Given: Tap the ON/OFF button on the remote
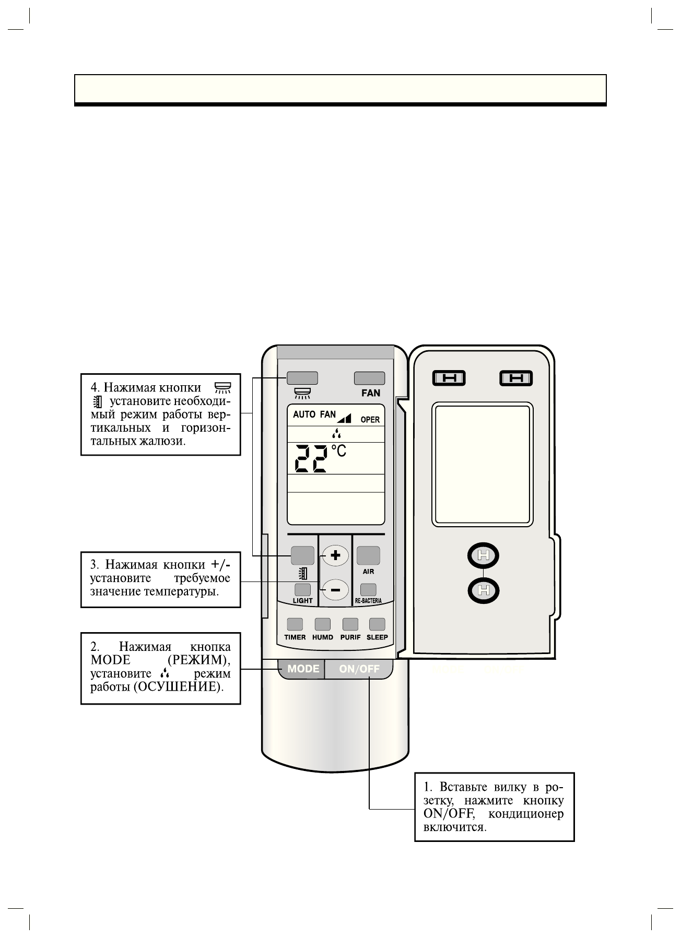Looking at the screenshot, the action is pyautogui.click(x=359, y=669).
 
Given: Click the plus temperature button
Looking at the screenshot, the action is pyautogui.click(x=335, y=555).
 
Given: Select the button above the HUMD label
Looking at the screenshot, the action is pyautogui.click(x=322, y=624).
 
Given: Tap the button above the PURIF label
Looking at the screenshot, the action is pyautogui.click(x=350, y=624).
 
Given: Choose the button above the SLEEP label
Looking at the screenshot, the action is pyautogui.click(x=377, y=624).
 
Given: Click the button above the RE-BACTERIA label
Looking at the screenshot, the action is pyautogui.click(x=368, y=589).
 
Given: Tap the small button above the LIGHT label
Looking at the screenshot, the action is pyautogui.click(x=302, y=589).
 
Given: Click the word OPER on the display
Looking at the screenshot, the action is pyautogui.click(x=370, y=420).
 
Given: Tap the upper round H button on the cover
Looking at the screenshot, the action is pyautogui.click(x=483, y=556).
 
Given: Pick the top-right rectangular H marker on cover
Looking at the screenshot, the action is pyautogui.click(x=515, y=378).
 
